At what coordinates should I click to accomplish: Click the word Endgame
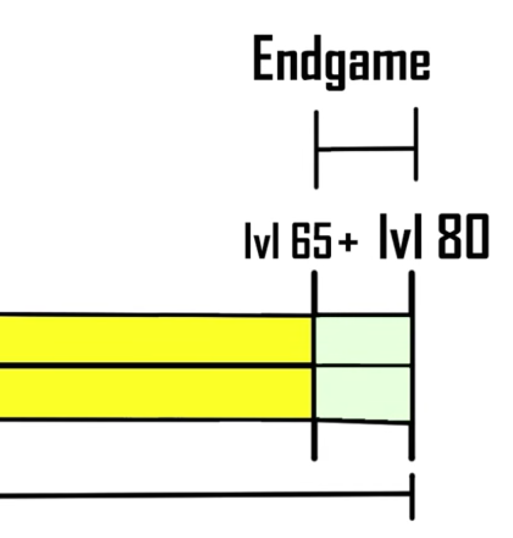pos(342,61)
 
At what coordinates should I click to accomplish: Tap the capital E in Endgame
pos(264,59)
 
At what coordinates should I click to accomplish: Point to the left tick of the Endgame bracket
pos(316,149)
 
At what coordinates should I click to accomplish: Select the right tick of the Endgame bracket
pos(416,144)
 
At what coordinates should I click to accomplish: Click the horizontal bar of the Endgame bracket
pos(366,148)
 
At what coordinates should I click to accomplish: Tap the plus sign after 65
pos(348,245)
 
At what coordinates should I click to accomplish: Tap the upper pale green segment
pos(363,340)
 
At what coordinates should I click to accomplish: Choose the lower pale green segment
pos(363,393)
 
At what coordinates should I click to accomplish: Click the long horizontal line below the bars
pos(206,495)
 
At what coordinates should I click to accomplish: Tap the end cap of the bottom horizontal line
pos(412,496)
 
